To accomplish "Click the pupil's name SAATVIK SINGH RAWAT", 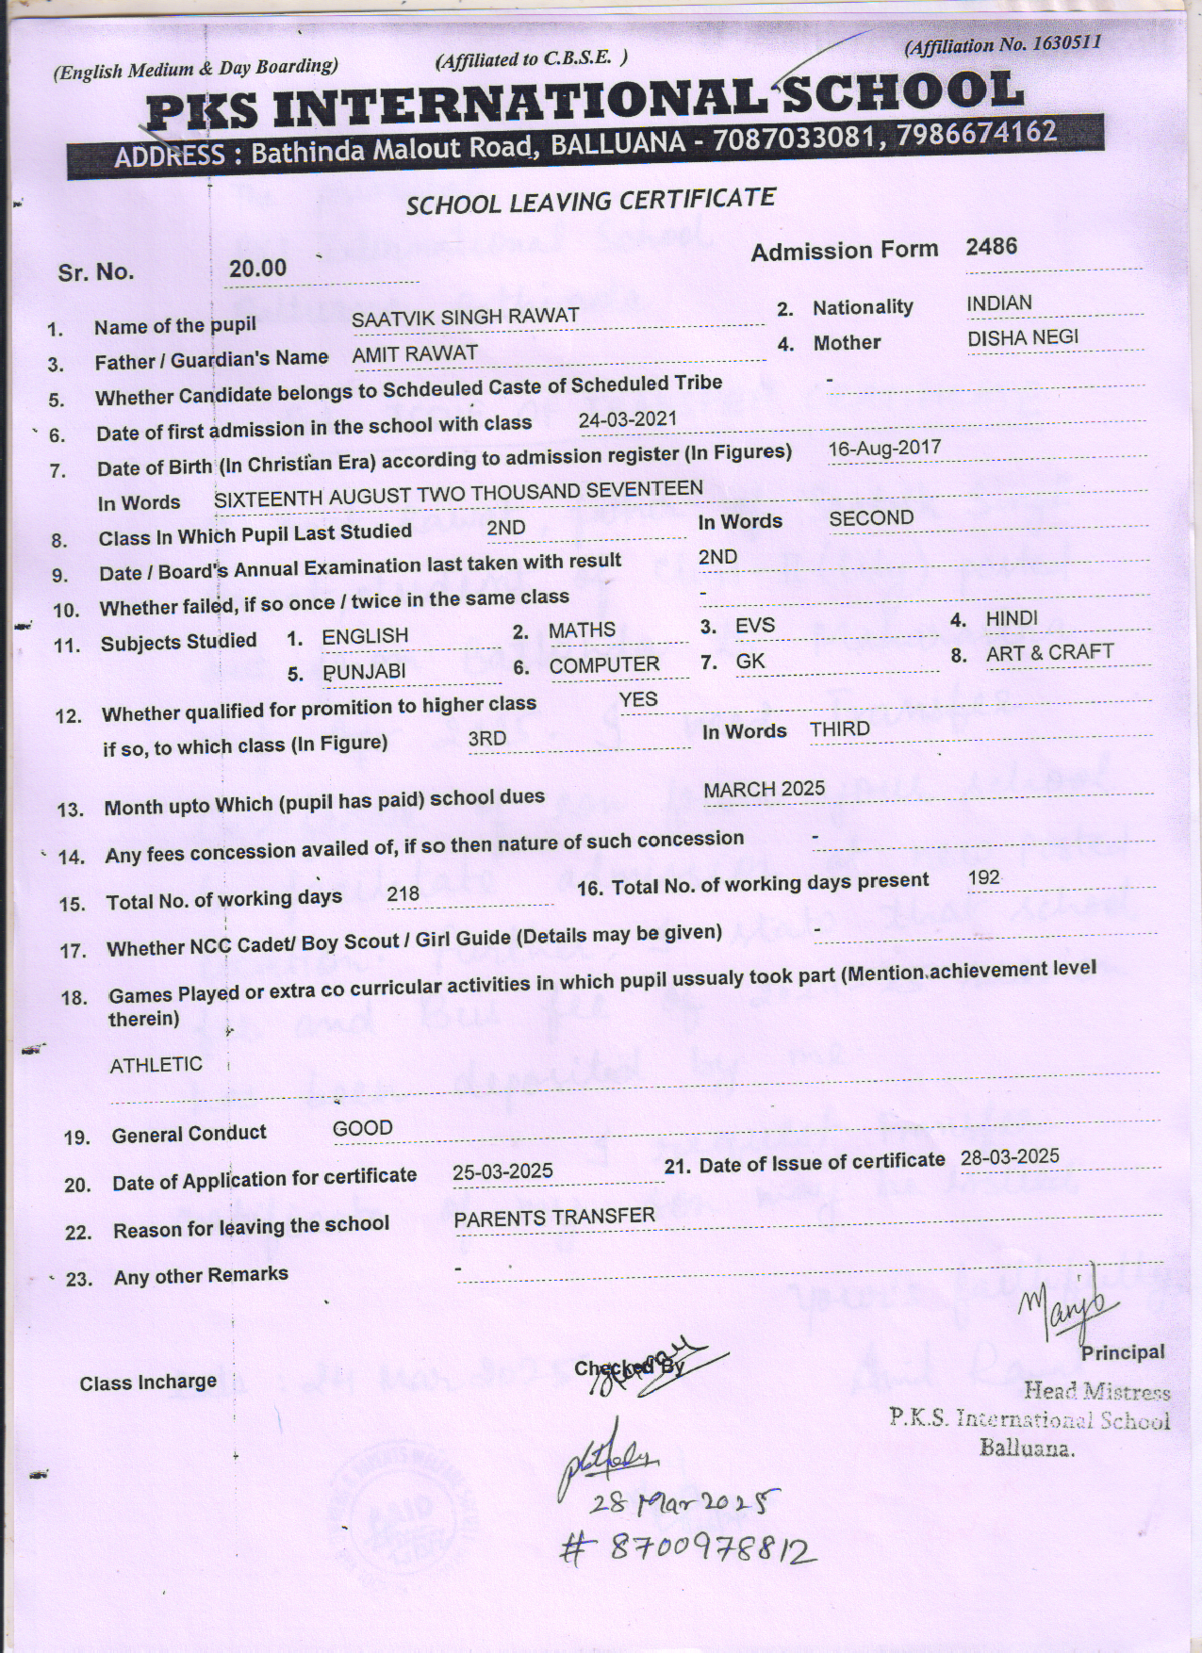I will pyautogui.click(x=465, y=317).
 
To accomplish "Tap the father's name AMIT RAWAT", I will pyautogui.click(x=414, y=354).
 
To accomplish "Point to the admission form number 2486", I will pyautogui.click(x=992, y=247).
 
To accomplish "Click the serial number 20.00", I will pyautogui.click(x=257, y=269).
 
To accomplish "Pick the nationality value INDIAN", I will pyautogui.click(x=999, y=303).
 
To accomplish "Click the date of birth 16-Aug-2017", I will pyautogui.click(x=884, y=448).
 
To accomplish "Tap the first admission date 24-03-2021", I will pyautogui.click(x=628, y=419).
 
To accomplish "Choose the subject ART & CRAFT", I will pyautogui.click(x=1049, y=652).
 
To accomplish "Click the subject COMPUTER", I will pyautogui.click(x=604, y=665).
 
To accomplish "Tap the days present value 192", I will pyautogui.click(x=984, y=877).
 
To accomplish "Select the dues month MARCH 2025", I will pyautogui.click(x=764, y=789).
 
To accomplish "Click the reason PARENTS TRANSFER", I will pyautogui.click(x=554, y=1218).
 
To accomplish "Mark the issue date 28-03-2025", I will pyautogui.click(x=1009, y=1157).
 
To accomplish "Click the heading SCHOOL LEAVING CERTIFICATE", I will pyautogui.click(x=590, y=201).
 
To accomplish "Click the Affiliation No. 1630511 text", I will pyautogui.click(x=1001, y=44).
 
